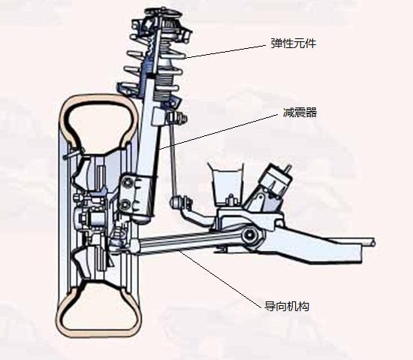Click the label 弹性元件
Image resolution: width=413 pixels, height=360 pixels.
pyautogui.click(x=294, y=44)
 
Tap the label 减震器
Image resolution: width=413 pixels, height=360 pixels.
pyautogui.click(x=300, y=113)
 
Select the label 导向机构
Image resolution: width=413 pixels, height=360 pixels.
pyautogui.click(x=287, y=306)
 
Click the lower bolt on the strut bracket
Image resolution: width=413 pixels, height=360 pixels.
pyautogui.click(x=125, y=204)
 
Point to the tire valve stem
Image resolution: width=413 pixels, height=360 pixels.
pyautogui.click(x=74, y=153)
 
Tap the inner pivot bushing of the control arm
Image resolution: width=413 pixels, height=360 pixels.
pyautogui.click(x=249, y=236)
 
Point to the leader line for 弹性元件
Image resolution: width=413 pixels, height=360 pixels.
pyautogui.click(x=226, y=51)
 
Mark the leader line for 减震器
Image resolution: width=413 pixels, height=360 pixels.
pyautogui.click(x=219, y=132)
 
